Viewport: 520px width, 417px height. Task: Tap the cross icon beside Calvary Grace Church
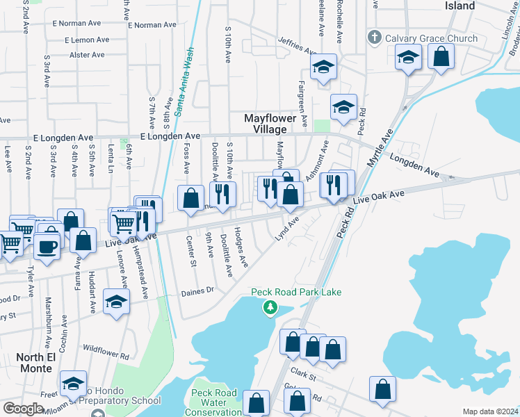(374, 38)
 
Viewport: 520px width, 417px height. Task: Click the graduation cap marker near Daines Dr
(116, 302)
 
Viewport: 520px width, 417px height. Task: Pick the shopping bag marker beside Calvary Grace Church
(441, 57)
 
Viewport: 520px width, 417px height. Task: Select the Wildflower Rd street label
(106, 350)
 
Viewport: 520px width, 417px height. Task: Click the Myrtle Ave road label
(380, 147)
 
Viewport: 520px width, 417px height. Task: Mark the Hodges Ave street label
(241, 246)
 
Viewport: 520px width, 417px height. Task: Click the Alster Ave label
(87, 55)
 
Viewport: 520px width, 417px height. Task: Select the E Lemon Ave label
(87, 40)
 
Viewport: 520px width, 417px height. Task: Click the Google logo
(23, 409)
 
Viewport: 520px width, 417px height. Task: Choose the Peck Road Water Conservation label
(214, 402)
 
